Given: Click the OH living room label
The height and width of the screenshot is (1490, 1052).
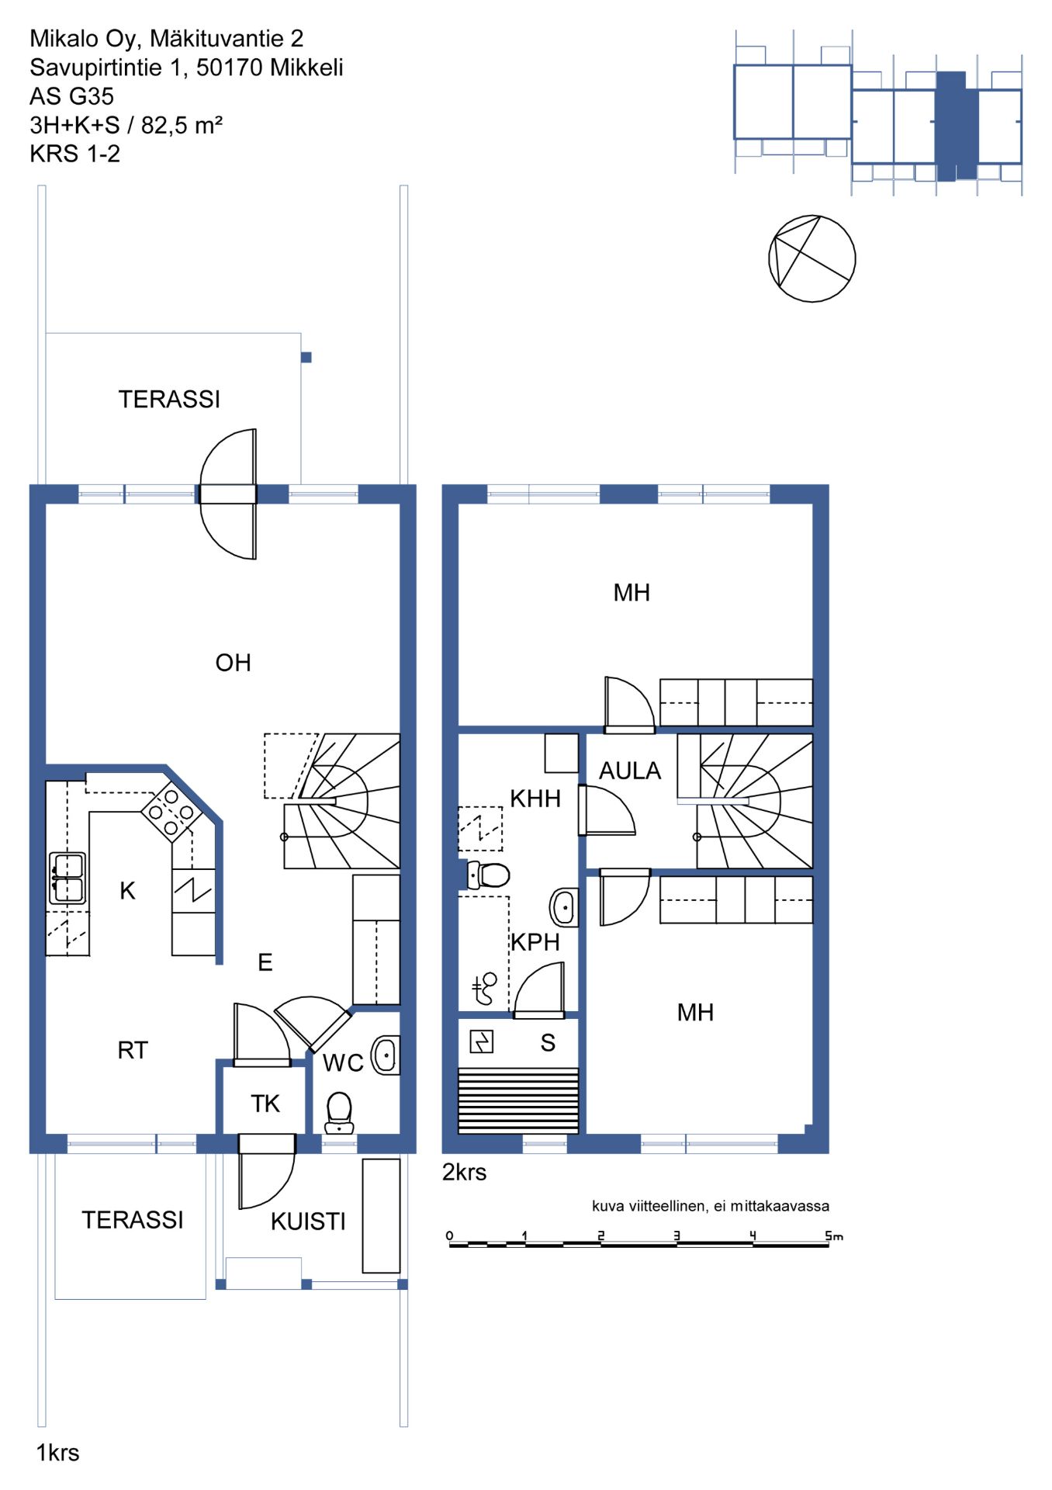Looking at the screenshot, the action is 233,663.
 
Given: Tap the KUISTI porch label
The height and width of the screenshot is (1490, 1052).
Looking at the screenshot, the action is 308,1221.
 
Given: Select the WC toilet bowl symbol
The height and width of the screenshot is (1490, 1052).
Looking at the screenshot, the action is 339,1113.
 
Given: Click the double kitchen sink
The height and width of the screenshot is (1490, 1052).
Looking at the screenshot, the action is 67,878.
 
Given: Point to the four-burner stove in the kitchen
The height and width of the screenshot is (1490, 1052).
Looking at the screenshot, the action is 171,812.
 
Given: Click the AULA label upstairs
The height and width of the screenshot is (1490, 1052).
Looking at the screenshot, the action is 630,771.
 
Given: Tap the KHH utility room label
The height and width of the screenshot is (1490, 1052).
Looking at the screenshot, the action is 535,799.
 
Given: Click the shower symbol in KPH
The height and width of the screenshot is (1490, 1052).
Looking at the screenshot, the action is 484,989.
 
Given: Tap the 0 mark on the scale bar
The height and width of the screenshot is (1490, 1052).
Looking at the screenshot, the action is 449,1235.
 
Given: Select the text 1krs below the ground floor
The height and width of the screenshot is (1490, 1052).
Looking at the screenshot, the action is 57,1453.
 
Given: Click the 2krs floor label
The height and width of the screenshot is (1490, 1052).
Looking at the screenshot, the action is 464,1172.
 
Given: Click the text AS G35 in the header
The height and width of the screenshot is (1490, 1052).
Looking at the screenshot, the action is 71,96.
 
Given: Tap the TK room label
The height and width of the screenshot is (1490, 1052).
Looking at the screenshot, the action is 265,1104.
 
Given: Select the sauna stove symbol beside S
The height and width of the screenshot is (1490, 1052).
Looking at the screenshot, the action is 482,1041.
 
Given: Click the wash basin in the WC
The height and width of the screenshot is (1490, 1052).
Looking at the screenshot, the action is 386,1055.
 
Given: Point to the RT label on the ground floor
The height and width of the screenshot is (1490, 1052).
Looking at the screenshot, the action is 133,1050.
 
